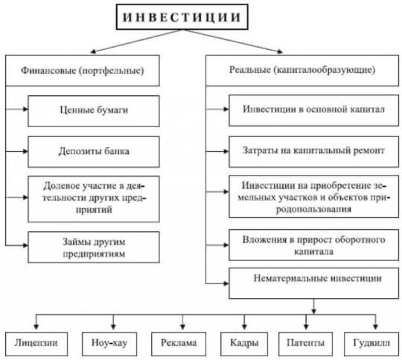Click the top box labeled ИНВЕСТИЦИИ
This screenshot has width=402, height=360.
pos(182,17)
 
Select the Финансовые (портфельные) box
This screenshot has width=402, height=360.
pos(82,71)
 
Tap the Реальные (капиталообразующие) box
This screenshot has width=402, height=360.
pos(302,71)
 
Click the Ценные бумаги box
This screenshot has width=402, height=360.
pos(94,111)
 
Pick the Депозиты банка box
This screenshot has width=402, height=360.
pos(94,152)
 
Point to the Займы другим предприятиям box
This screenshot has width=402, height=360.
pos(94,248)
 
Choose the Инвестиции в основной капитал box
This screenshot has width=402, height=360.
pos(314,110)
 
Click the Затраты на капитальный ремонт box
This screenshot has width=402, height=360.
pos(314,152)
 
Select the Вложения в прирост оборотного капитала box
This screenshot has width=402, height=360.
pos(314,245)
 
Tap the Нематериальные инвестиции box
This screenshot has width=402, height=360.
pos(314,284)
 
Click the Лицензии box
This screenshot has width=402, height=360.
pos(37,344)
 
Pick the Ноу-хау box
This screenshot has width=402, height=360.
pos(109,344)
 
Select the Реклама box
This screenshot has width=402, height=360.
pos(178,344)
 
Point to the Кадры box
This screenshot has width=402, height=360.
pos(244,344)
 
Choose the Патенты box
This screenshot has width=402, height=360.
pos(306,344)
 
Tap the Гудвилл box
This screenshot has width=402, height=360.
pos(372,344)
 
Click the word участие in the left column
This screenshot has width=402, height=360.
pos(98,186)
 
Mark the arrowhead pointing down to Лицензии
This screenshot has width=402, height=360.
pos(36,327)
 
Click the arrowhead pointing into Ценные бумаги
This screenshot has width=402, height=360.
pos(25,109)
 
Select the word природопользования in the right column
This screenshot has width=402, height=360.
pos(314,209)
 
